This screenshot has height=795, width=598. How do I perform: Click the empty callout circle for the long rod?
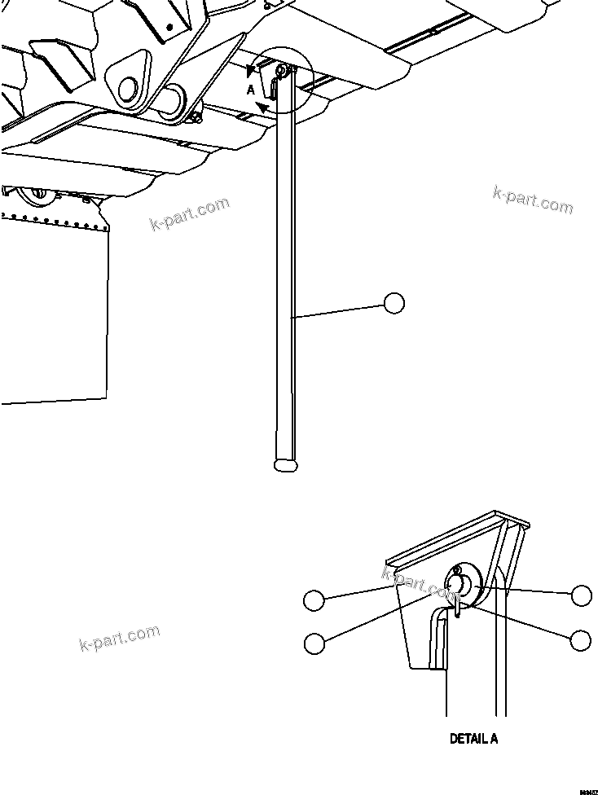click(394, 303)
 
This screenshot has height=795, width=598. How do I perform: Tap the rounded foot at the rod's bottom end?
click(286, 465)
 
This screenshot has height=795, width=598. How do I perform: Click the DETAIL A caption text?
click(473, 739)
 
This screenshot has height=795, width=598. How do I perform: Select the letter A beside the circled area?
click(252, 90)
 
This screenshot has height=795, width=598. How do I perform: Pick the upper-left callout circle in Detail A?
click(313, 601)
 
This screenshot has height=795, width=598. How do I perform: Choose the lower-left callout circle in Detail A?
click(313, 643)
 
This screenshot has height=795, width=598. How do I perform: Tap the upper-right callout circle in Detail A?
click(581, 595)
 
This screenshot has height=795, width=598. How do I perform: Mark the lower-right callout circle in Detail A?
click(581, 640)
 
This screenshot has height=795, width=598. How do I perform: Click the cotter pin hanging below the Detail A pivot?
click(459, 606)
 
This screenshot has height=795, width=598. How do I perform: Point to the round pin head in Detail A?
click(457, 585)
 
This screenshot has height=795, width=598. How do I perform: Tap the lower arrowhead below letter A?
click(262, 108)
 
